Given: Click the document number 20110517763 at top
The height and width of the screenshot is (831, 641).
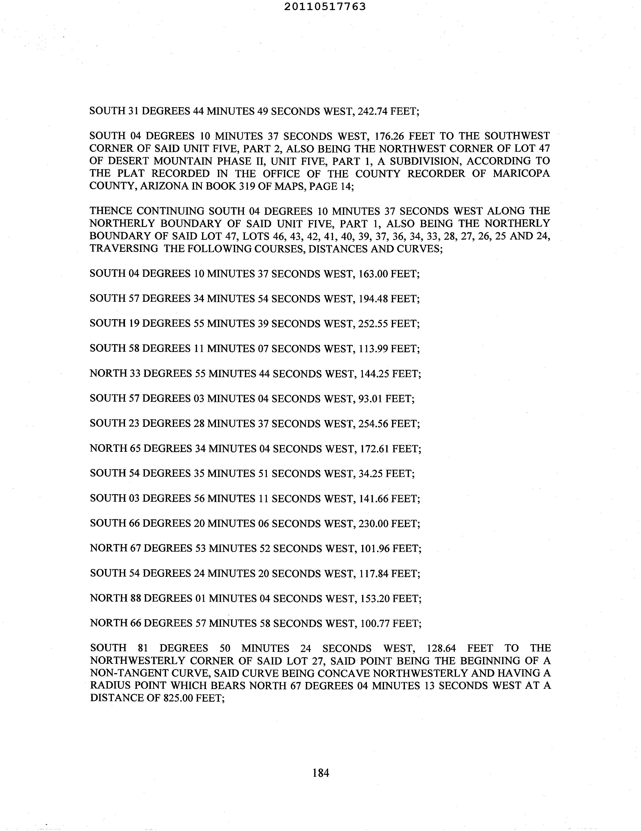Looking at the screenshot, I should click(x=325, y=7).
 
